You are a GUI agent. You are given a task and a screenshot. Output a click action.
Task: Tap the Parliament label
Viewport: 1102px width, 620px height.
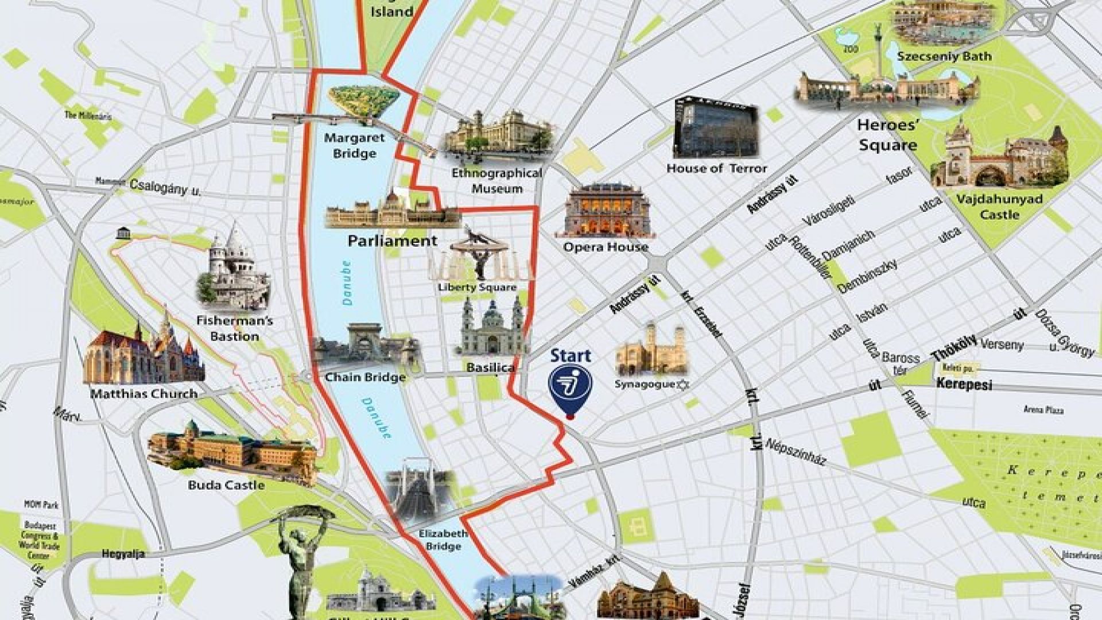click(393, 241)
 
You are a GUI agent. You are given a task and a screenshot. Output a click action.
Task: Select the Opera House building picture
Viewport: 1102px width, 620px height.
click(604, 211)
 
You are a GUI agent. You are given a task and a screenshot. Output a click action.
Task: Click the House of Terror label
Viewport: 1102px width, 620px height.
click(716, 169)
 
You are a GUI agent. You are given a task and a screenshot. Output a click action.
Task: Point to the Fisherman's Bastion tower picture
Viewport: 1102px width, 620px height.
click(232, 269)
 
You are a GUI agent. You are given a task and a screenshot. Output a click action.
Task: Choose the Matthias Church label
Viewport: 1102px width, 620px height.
click(144, 394)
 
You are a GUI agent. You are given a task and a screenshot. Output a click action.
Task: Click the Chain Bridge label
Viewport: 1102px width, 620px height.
click(365, 377)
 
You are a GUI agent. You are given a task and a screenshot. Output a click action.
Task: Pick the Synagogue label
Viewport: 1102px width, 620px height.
click(644, 384)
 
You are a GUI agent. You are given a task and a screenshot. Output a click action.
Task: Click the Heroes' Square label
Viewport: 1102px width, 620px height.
click(887, 135)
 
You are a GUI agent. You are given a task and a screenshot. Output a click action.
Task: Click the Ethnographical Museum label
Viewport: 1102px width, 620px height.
click(496, 180)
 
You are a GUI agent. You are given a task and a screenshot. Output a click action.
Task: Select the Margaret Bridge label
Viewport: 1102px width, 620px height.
click(354, 146)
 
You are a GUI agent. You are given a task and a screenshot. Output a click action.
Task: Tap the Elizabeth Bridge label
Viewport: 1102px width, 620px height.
click(443, 540)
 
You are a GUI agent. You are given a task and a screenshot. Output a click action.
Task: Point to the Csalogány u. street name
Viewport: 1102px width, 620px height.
click(165, 187)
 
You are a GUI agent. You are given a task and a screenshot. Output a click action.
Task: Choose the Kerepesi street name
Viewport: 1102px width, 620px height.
click(964, 384)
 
